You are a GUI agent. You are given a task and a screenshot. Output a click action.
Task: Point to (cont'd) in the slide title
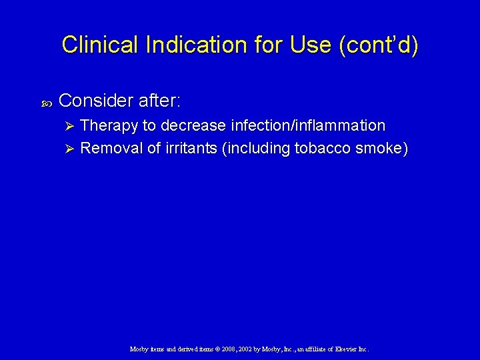click(378, 45)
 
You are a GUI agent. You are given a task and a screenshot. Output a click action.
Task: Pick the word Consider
click(96, 101)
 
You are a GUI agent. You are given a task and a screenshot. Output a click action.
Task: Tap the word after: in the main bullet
click(159, 101)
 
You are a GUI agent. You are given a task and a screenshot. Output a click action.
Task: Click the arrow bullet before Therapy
click(67, 126)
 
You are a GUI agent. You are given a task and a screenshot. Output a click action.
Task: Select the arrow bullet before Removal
click(67, 149)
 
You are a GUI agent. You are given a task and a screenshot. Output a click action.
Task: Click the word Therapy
click(107, 125)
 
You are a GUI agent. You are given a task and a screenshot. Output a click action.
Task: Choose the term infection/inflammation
click(307, 125)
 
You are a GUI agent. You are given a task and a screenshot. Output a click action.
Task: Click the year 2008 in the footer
click(229, 349)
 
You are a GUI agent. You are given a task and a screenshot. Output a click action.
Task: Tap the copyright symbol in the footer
click(217, 349)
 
